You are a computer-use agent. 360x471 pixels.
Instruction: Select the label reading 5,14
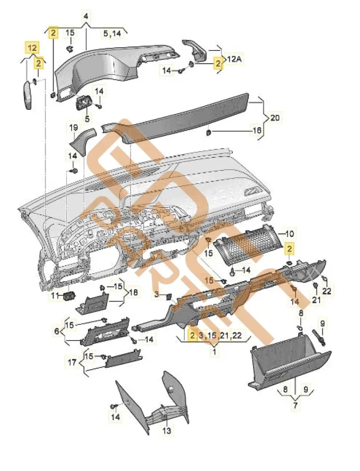click(112, 33)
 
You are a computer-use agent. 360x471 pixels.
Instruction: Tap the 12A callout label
click(235, 60)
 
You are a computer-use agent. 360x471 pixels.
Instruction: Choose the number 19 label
click(74, 128)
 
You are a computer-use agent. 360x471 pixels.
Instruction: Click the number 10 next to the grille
click(289, 234)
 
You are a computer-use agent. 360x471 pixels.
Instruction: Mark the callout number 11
click(55, 295)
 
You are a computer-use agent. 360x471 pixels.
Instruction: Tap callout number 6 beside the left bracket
click(57, 332)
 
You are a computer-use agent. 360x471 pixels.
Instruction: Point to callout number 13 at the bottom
click(167, 430)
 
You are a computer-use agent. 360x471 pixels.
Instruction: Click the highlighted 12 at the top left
click(32, 48)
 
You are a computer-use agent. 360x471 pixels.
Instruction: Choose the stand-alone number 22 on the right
click(327, 291)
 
